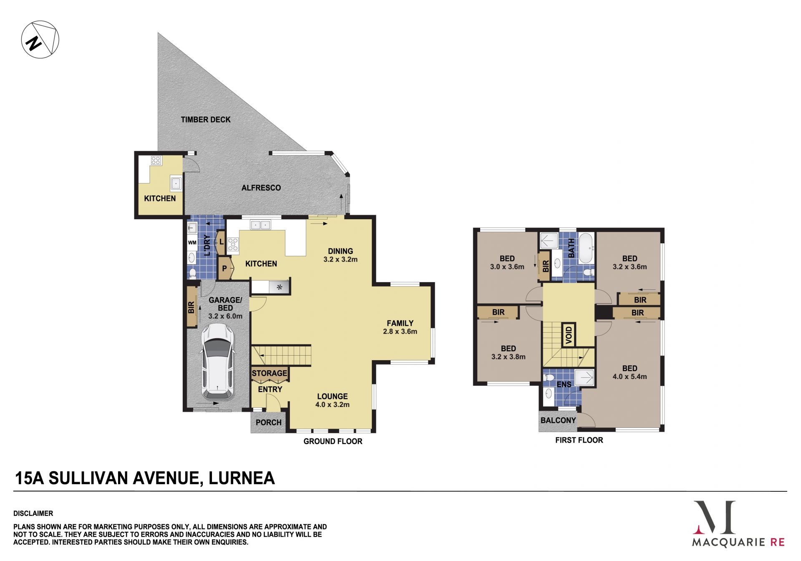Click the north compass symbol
coord(40,40)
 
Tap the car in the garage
coord(217,362)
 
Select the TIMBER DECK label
coord(206,120)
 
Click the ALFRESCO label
coord(261,188)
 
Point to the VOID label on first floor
coord(569,334)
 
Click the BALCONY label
coord(558,420)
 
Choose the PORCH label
coord(269,422)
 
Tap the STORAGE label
coord(270,373)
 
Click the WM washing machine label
coord(192,243)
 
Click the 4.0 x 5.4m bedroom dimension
coord(630,377)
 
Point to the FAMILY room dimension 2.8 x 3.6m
coord(400,331)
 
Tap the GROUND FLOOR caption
coord(333,441)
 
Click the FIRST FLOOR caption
coord(579,440)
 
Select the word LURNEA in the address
coord(242,478)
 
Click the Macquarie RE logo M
coord(714,517)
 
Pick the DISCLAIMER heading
coord(33,513)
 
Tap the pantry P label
coord(224,268)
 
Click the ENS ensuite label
coord(564,384)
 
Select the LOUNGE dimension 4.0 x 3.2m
coord(332,404)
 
